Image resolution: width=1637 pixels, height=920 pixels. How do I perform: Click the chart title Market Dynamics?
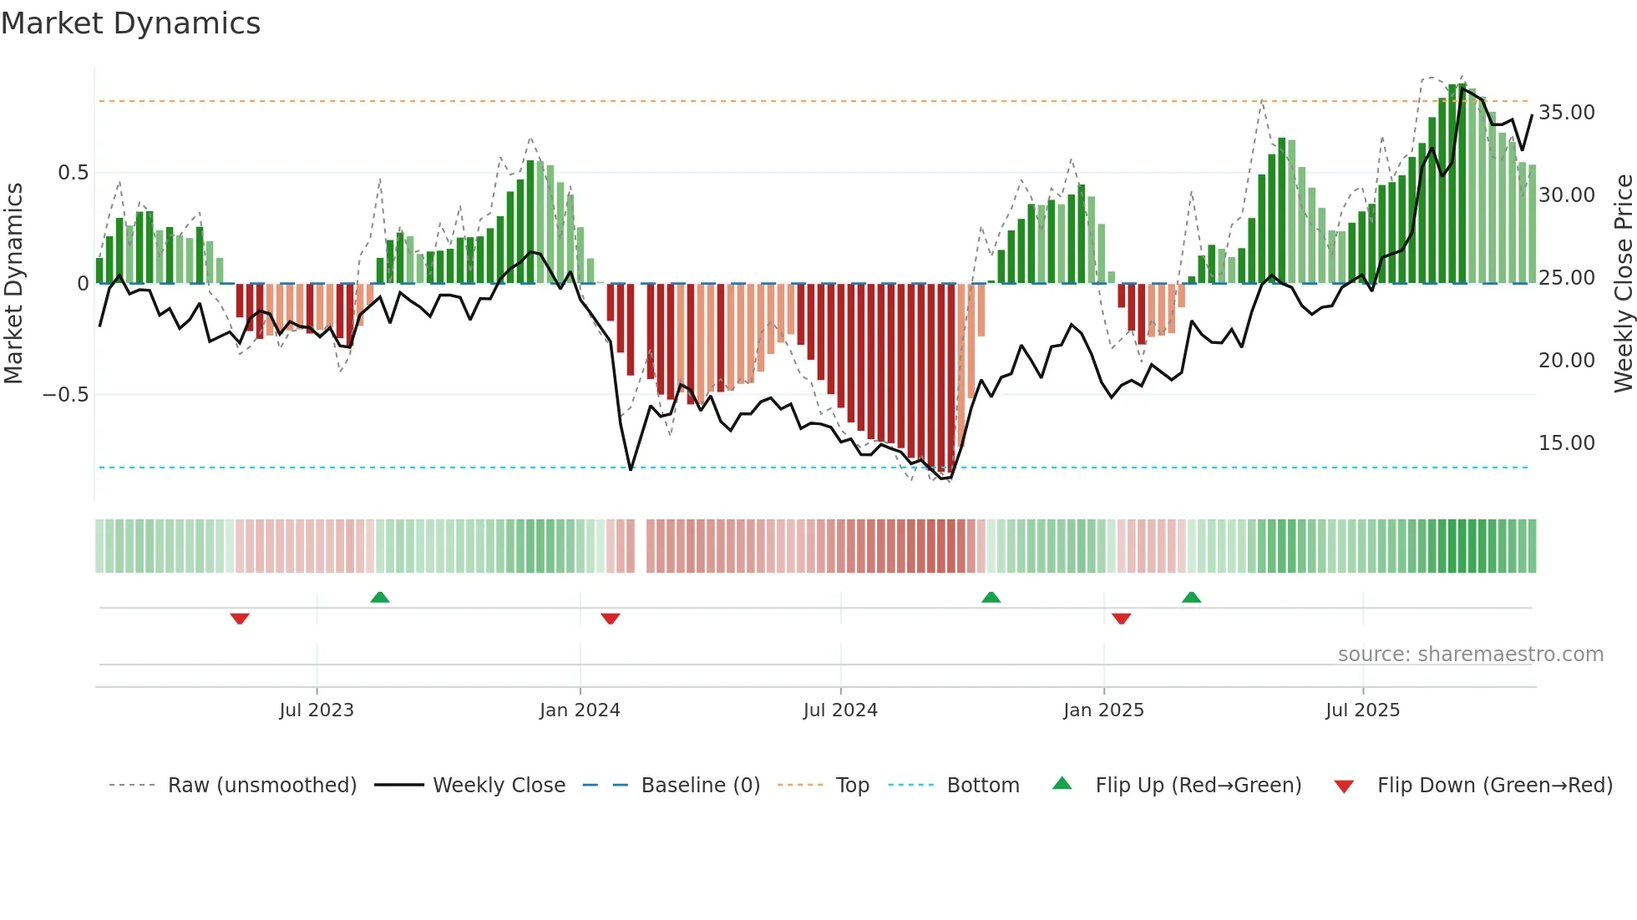coord(131,23)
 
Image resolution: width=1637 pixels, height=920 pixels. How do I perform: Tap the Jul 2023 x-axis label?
coord(317,710)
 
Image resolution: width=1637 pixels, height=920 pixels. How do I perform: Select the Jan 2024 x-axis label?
coord(580,710)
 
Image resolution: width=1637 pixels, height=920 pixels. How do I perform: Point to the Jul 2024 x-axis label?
coord(840,710)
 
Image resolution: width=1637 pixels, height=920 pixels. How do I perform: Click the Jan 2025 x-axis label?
coord(1103,710)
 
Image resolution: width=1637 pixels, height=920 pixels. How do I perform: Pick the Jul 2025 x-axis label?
coord(1362,710)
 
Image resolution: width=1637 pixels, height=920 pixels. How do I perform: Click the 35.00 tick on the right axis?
coord(1566,113)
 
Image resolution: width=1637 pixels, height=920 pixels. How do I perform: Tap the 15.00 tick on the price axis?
coord(1566,443)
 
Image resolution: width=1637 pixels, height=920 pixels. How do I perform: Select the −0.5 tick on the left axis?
coord(66,395)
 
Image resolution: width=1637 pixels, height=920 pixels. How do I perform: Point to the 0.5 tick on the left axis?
coord(73,173)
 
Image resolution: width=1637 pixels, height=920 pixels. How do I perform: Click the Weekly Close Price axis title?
coord(1623,283)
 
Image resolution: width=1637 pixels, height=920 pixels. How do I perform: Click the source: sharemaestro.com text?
coord(1470,655)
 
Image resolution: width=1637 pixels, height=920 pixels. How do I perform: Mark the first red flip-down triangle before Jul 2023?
coord(240,619)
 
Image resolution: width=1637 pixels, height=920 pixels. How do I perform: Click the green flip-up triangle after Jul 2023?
coord(380,597)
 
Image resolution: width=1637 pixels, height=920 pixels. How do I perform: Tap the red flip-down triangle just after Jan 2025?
coord(1121,619)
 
